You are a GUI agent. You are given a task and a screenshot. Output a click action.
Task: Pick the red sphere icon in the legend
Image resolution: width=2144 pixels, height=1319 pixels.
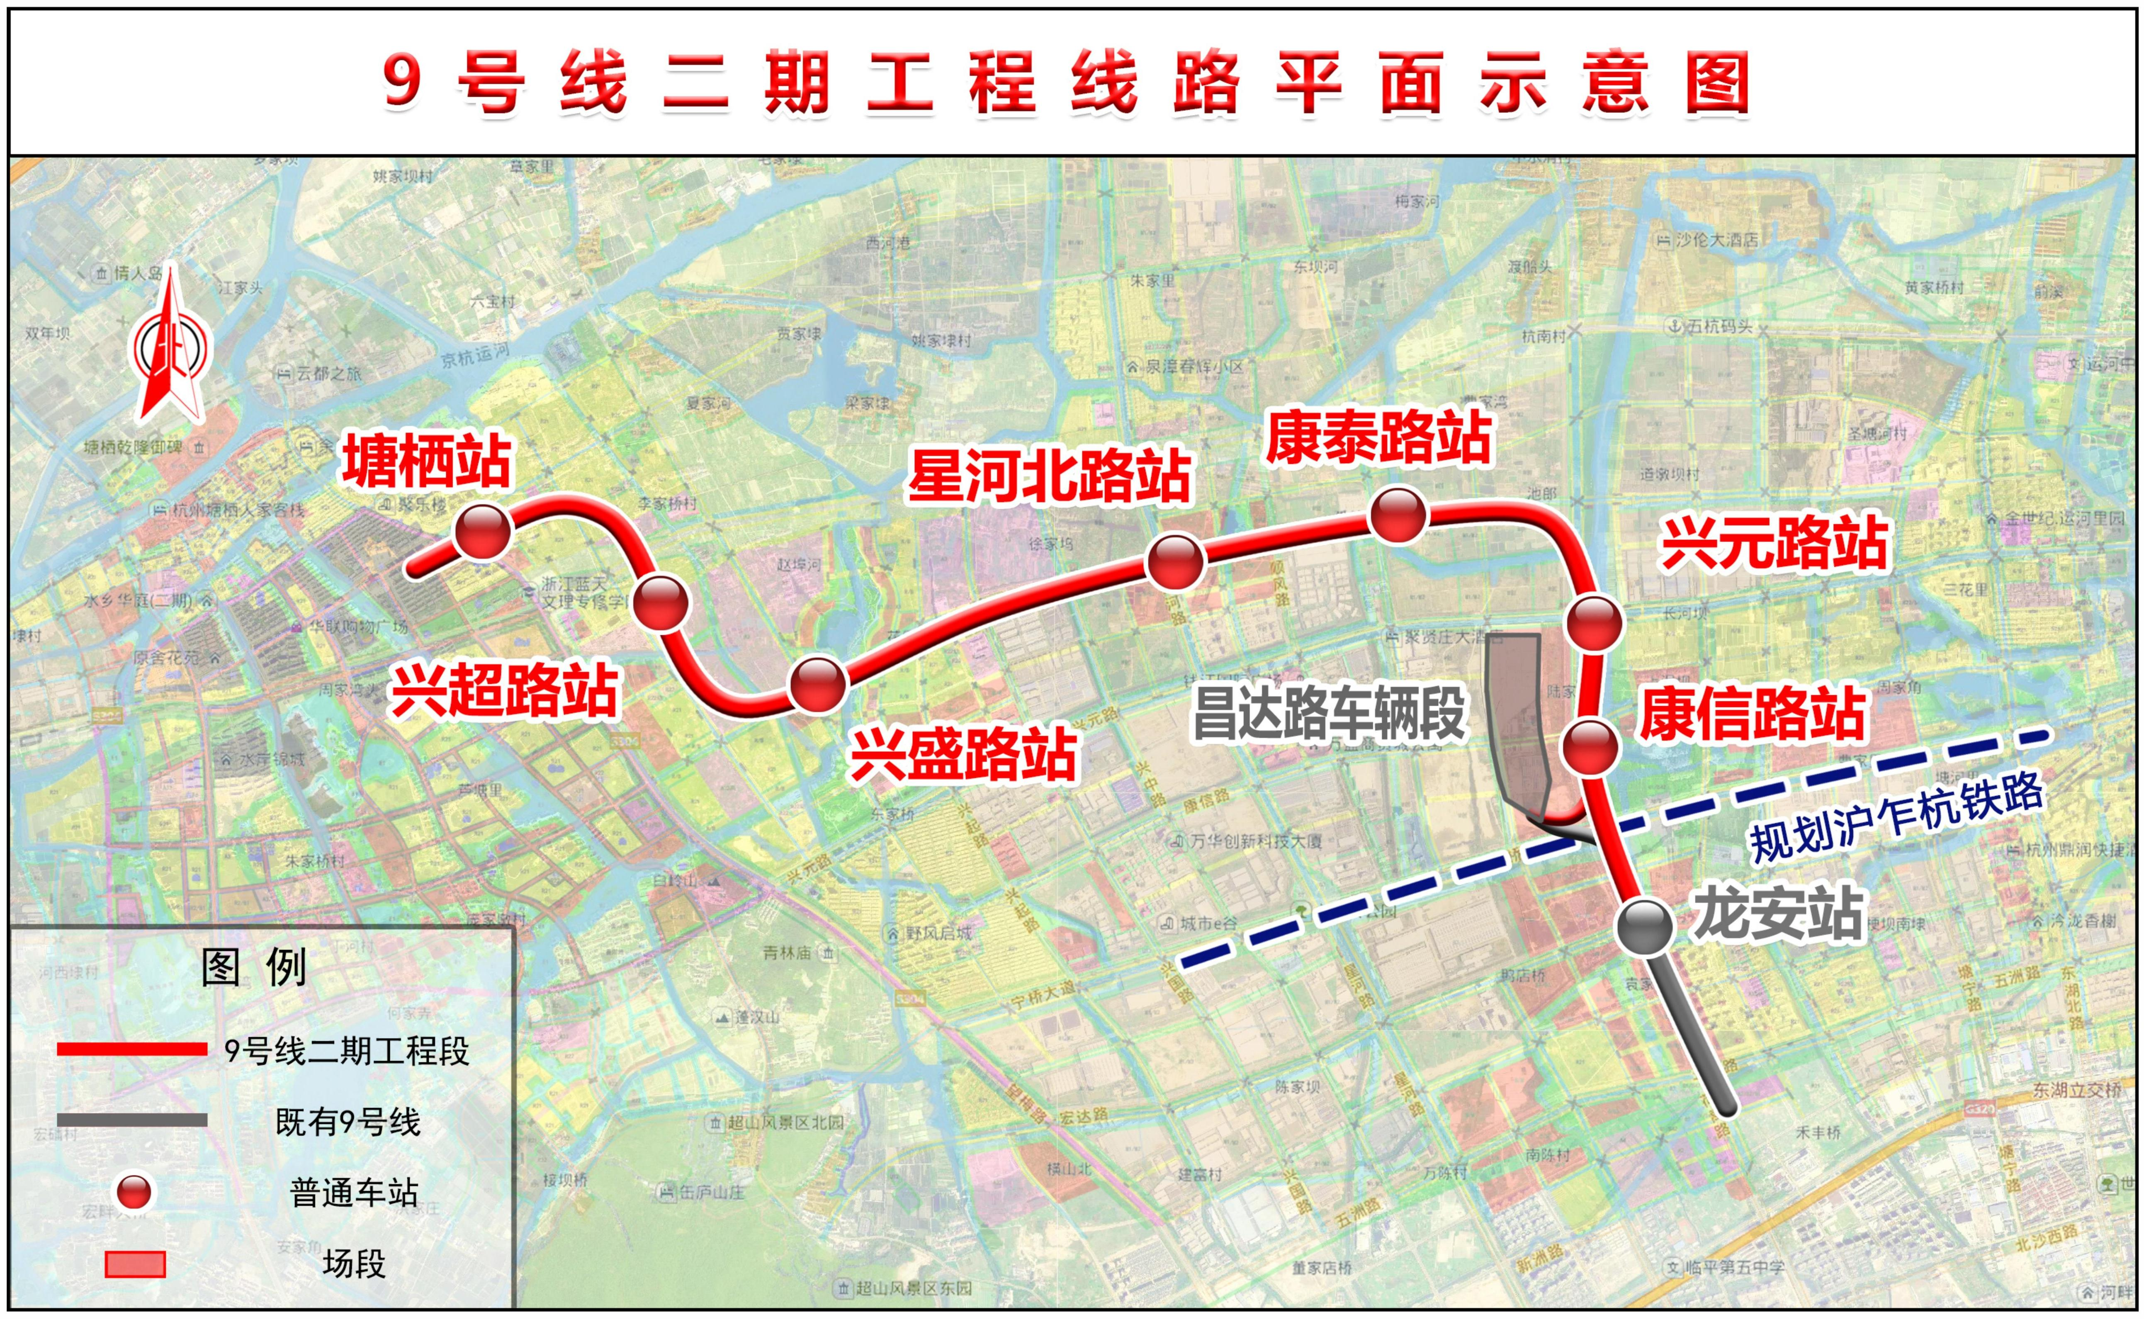pos(134,1192)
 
